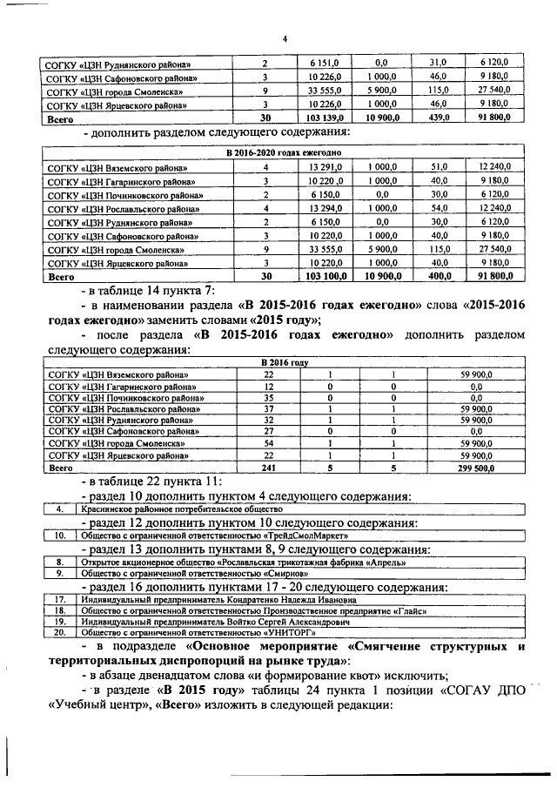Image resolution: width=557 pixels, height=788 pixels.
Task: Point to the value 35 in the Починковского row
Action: point(269,396)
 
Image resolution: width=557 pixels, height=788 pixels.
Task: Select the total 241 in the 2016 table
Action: point(269,467)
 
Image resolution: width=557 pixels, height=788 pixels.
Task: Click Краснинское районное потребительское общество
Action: point(182,508)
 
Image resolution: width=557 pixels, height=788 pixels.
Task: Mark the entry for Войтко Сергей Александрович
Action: point(214,623)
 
